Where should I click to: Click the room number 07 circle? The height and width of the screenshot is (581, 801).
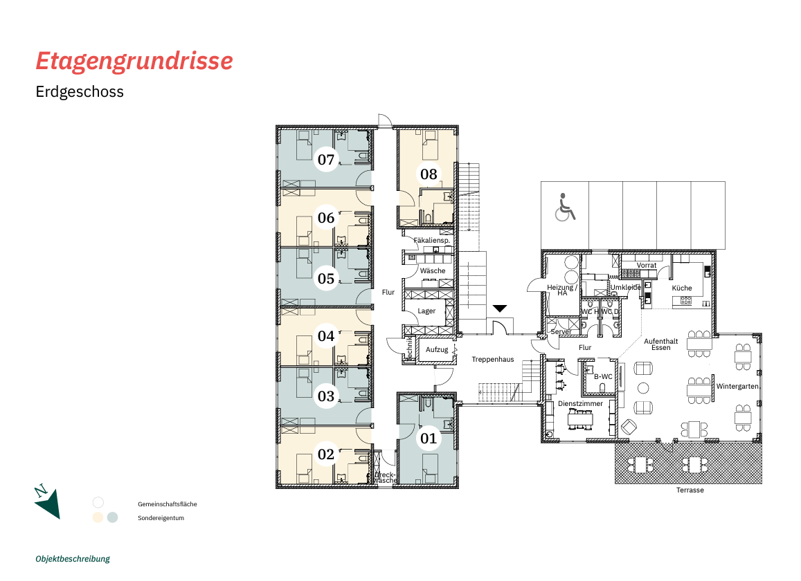[x=326, y=160]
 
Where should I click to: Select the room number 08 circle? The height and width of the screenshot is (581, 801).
[x=429, y=174]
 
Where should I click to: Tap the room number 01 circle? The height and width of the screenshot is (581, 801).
[x=429, y=438]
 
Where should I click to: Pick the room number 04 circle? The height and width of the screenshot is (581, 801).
[x=326, y=337]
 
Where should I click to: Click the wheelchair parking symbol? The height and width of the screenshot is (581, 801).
[x=564, y=207]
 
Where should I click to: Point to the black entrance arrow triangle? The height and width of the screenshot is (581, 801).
[x=501, y=308]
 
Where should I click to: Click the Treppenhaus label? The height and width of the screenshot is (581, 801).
[x=493, y=360]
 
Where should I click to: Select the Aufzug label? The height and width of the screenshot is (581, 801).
[x=437, y=349]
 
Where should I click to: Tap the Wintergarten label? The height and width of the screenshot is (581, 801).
[x=739, y=386]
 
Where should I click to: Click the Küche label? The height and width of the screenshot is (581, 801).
[x=682, y=288]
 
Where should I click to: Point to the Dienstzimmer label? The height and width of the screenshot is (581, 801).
[x=580, y=403]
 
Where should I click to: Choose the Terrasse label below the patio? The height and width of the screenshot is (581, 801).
[x=690, y=490]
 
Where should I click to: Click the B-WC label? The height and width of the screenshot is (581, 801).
[x=603, y=376]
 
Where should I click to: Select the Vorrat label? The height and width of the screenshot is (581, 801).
[x=647, y=266]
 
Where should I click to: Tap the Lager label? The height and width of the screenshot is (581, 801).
[x=426, y=311]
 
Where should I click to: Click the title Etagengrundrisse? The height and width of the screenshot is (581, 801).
[x=134, y=61]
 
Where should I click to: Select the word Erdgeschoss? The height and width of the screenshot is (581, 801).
[x=80, y=91]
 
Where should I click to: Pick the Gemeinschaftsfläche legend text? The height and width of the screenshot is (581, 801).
[x=168, y=504]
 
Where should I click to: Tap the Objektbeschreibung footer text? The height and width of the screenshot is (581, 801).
[x=73, y=559]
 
